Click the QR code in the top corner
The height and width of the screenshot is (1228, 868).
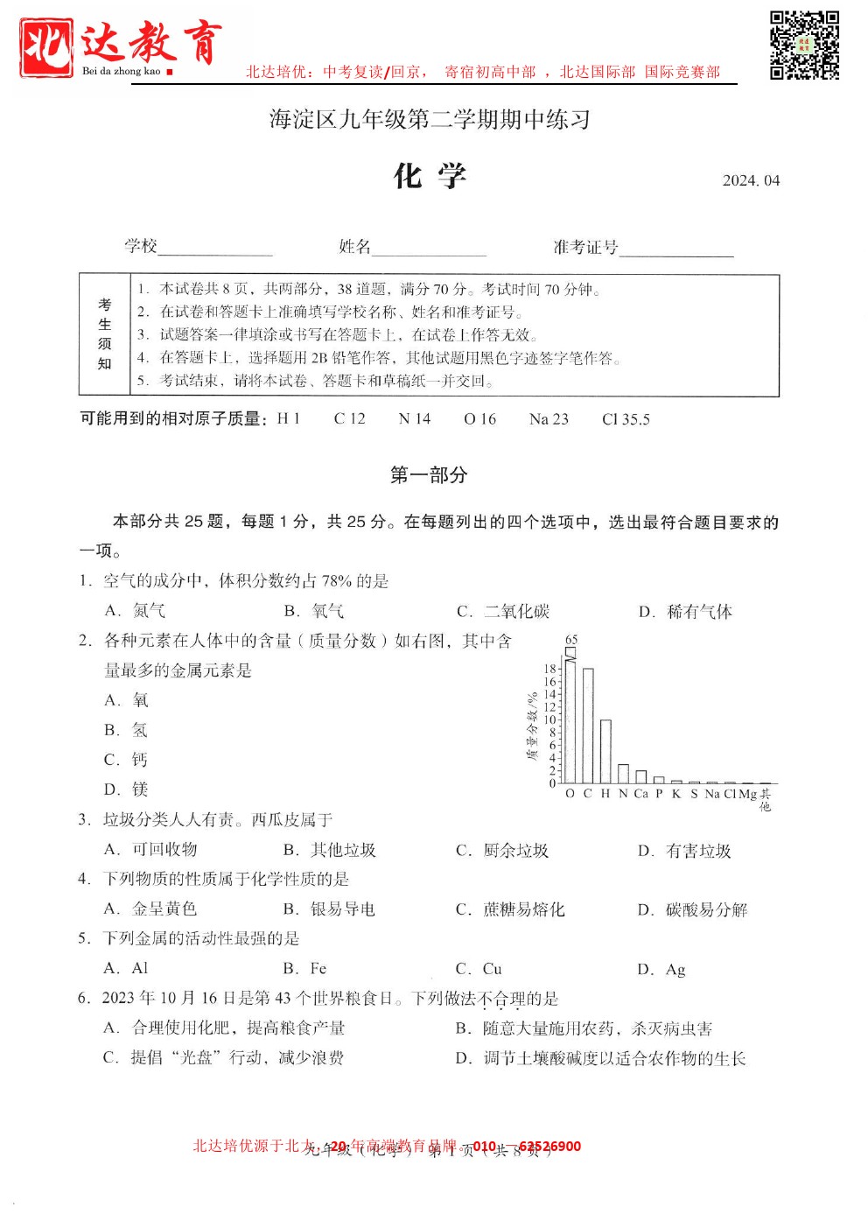tap(804, 45)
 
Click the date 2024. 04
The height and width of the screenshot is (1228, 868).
tap(750, 180)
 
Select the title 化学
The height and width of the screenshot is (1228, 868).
tap(430, 176)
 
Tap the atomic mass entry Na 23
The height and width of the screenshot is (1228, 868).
tap(549, 419)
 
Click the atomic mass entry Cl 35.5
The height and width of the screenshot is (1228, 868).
tap(626, 419)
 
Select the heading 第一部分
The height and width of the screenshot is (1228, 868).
tap(429, 475)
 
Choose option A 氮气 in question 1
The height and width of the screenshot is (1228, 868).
tap(136, 611)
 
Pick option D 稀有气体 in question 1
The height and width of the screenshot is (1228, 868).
tap(686, 612)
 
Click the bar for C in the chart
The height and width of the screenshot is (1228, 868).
tap(588, 726)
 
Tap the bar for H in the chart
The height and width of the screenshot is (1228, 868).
tap(605, 751)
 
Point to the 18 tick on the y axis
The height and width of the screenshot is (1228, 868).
tap(549, 669)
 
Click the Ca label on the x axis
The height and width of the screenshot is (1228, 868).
tap(640, 794)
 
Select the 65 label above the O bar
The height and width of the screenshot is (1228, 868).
tap(571, 640)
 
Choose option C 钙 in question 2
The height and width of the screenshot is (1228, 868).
tap(127, 760)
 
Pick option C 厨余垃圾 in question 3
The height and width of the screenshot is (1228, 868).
tap(502, 851)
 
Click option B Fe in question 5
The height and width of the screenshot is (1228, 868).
tap(305, 969)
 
